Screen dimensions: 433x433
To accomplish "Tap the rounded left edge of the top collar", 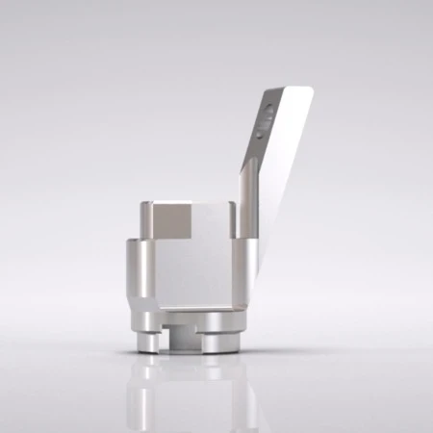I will (142, 220).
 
